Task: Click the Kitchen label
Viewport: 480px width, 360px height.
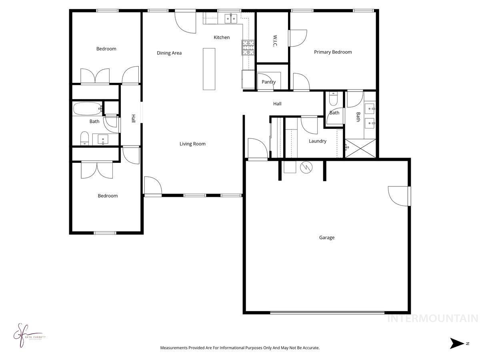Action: (222, 38)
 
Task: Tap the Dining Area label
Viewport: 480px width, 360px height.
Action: (169, 53)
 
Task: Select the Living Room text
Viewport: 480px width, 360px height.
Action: (192, 144)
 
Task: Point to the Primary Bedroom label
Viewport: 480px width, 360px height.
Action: (333, 52)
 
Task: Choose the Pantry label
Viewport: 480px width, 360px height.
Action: (268, 82)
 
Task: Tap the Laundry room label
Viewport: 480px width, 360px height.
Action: (318, 141)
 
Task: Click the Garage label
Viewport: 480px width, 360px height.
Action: (326, 238)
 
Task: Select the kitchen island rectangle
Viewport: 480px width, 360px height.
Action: (209, 69)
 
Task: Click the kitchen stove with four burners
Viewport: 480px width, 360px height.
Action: (248, 48)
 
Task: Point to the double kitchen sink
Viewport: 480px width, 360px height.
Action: (231, 18)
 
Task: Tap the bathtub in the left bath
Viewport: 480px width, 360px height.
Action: (87, 109)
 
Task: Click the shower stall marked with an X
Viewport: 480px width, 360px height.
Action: (360, 148)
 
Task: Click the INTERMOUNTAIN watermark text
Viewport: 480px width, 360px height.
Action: (433, 319)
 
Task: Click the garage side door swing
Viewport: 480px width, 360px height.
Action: (399, 196)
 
